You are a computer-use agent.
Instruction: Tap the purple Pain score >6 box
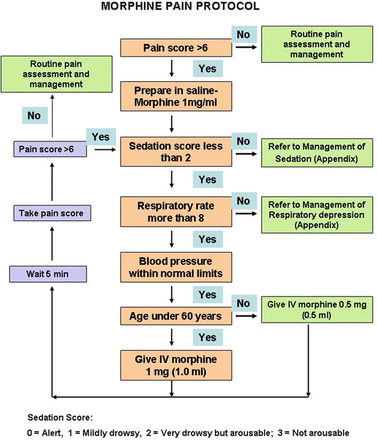46,147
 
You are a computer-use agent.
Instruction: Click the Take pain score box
46,213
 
